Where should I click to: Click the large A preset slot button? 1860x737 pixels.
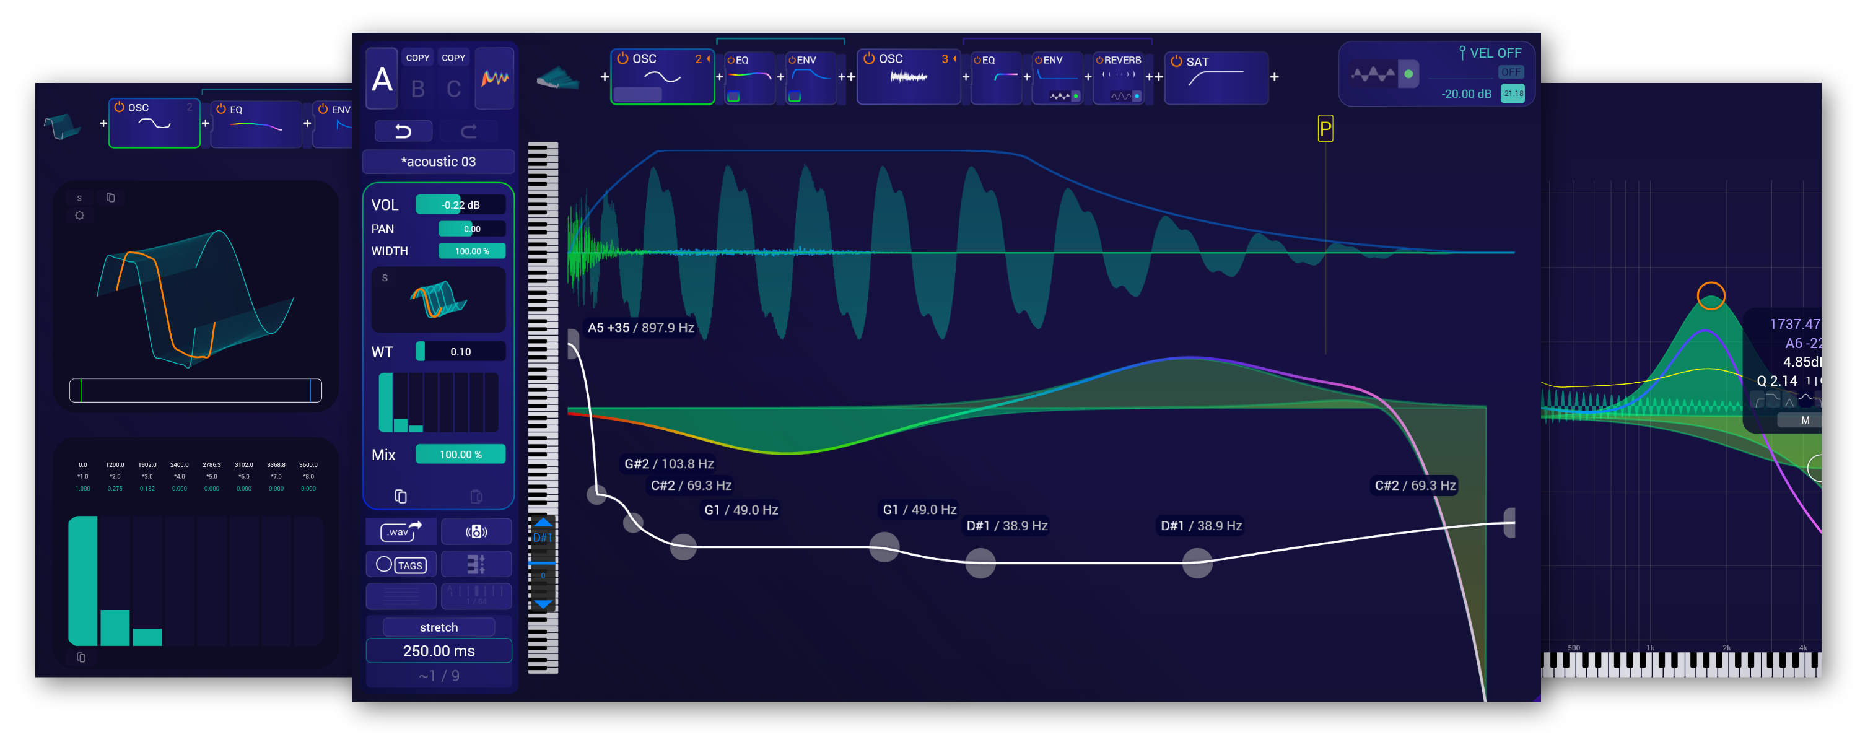382,79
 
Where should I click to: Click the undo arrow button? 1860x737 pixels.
403,131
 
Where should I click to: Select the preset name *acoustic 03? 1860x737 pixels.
439,162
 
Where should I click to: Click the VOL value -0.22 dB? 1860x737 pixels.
460,205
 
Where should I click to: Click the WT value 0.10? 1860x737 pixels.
460,352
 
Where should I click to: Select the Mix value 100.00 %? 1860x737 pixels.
460,454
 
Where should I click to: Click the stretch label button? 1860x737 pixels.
439,627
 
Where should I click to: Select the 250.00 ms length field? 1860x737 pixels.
439,650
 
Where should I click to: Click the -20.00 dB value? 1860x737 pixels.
1465,94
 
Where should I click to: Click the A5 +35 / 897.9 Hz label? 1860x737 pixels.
640,328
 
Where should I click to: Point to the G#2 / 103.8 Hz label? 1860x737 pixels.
668,463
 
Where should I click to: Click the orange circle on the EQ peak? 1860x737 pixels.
1711,295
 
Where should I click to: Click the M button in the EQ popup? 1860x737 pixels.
1804,420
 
